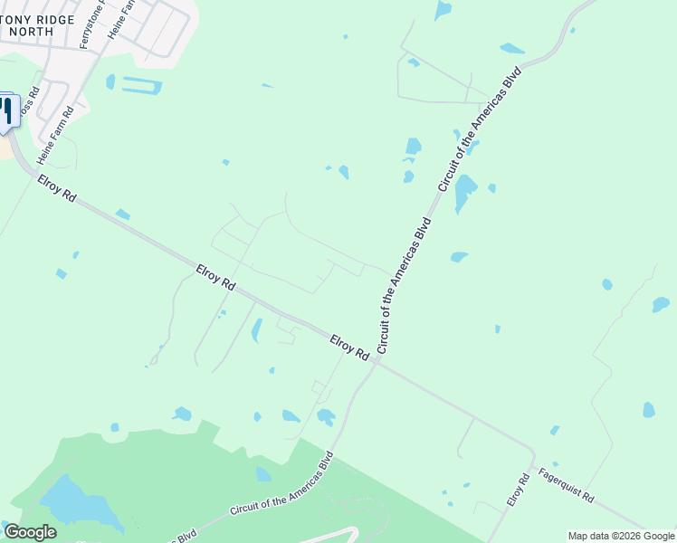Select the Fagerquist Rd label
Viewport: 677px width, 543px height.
coord(565,485)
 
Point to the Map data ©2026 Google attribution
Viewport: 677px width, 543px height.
coord(621,536)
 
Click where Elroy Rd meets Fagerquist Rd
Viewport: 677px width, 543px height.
coord(533,456)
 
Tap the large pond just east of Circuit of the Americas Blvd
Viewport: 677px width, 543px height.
coord(465,192)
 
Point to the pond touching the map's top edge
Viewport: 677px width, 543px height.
coord(443,10)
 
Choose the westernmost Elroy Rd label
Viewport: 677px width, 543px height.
coord(57,189)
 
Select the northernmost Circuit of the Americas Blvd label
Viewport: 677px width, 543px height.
coord(481,128)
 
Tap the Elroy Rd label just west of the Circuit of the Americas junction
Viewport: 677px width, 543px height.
coord(348,347)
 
